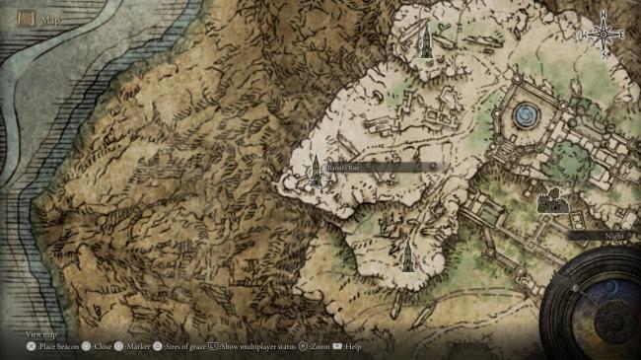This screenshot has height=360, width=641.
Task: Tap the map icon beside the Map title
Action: [26, 18]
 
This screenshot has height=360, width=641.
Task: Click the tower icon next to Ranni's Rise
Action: [316, 171]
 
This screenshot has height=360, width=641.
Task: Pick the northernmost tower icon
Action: [426, 41]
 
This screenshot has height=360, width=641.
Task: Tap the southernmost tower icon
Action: [405, 255]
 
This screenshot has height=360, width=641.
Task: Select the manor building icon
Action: [551, 202]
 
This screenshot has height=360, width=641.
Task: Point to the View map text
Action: [41, 335]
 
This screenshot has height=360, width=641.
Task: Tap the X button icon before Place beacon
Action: [32, 347]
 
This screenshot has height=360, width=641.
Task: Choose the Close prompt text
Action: [103, 347]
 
